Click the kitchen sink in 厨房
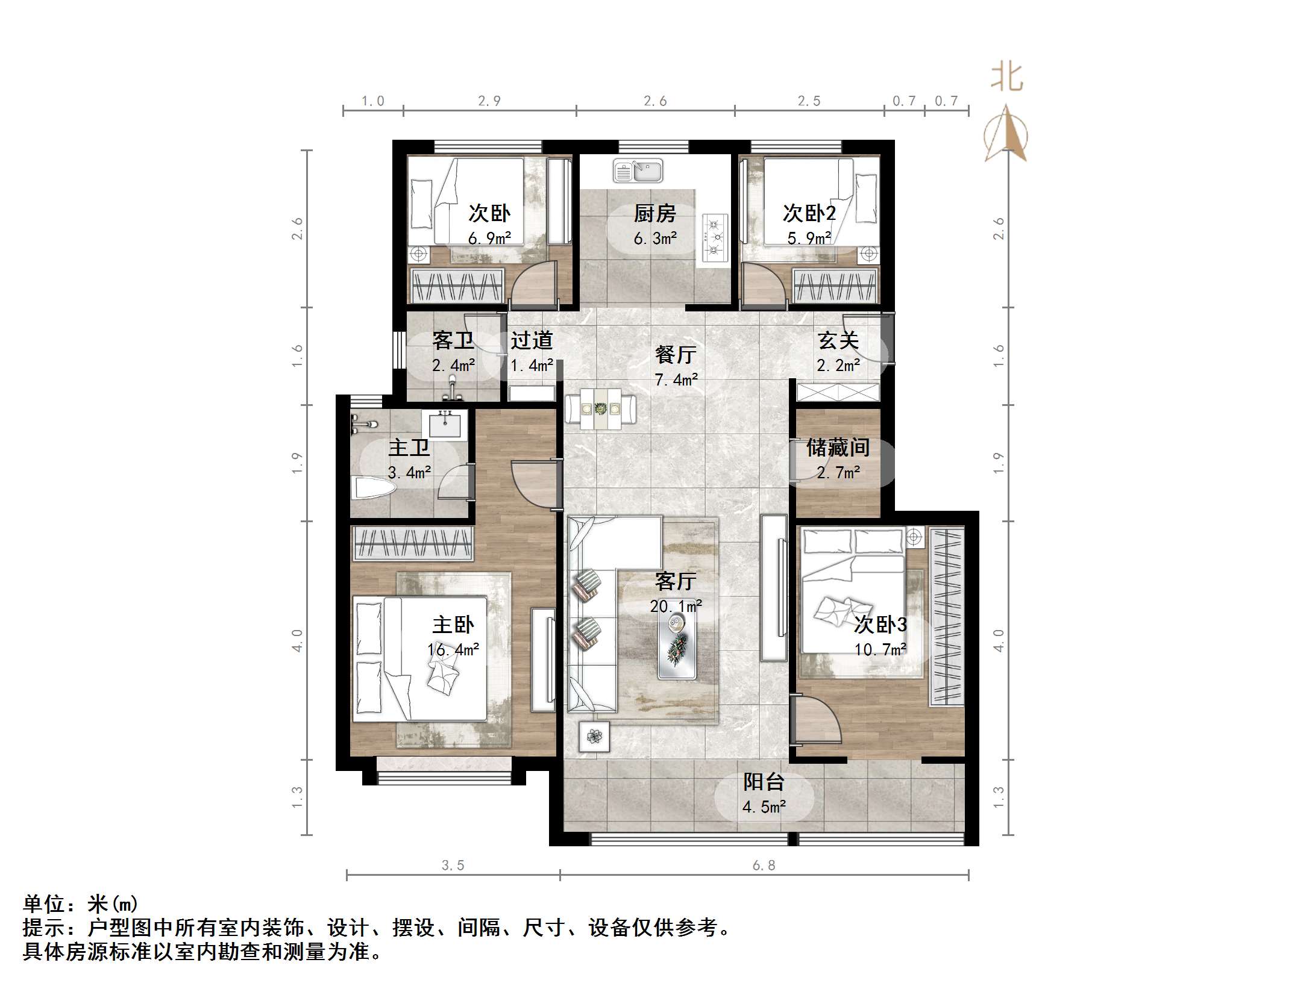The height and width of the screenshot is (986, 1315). point(638,170)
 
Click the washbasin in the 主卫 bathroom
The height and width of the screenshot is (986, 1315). point(445,425)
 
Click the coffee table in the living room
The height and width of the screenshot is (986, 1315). point(677,646)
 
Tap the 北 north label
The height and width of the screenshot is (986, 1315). point(1006,79)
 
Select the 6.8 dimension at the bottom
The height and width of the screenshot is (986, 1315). point(764,866)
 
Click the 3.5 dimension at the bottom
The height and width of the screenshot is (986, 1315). point(453,866)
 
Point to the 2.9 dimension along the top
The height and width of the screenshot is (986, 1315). point(489,101)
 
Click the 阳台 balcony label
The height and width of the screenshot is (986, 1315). point(764,782)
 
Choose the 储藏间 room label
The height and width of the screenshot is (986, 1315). point(838,448)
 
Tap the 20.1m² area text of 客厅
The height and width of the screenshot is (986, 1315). point(676,606)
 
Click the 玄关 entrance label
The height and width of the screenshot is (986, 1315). point(838,341)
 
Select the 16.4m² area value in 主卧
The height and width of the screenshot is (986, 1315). point(453,649)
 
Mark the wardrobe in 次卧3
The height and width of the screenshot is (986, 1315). point(946,616)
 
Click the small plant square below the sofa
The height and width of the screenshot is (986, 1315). point(594,736)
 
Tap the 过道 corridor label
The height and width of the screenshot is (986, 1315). point(532,341)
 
